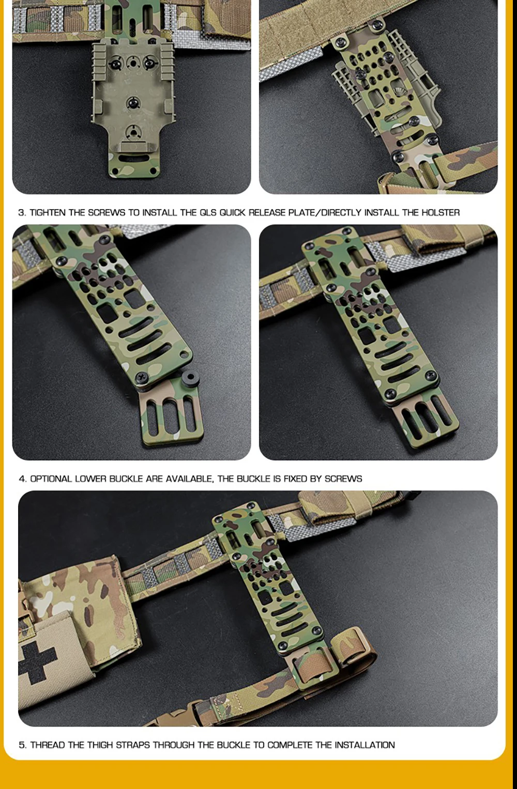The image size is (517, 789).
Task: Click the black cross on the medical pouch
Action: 38,662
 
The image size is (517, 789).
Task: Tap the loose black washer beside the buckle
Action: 191,379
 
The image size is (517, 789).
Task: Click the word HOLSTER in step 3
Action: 440,213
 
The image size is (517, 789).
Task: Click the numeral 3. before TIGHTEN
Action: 22,213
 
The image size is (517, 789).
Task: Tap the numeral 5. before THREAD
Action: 22,745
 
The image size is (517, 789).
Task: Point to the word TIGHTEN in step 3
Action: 48,213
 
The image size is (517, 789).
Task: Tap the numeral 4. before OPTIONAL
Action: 23,479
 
